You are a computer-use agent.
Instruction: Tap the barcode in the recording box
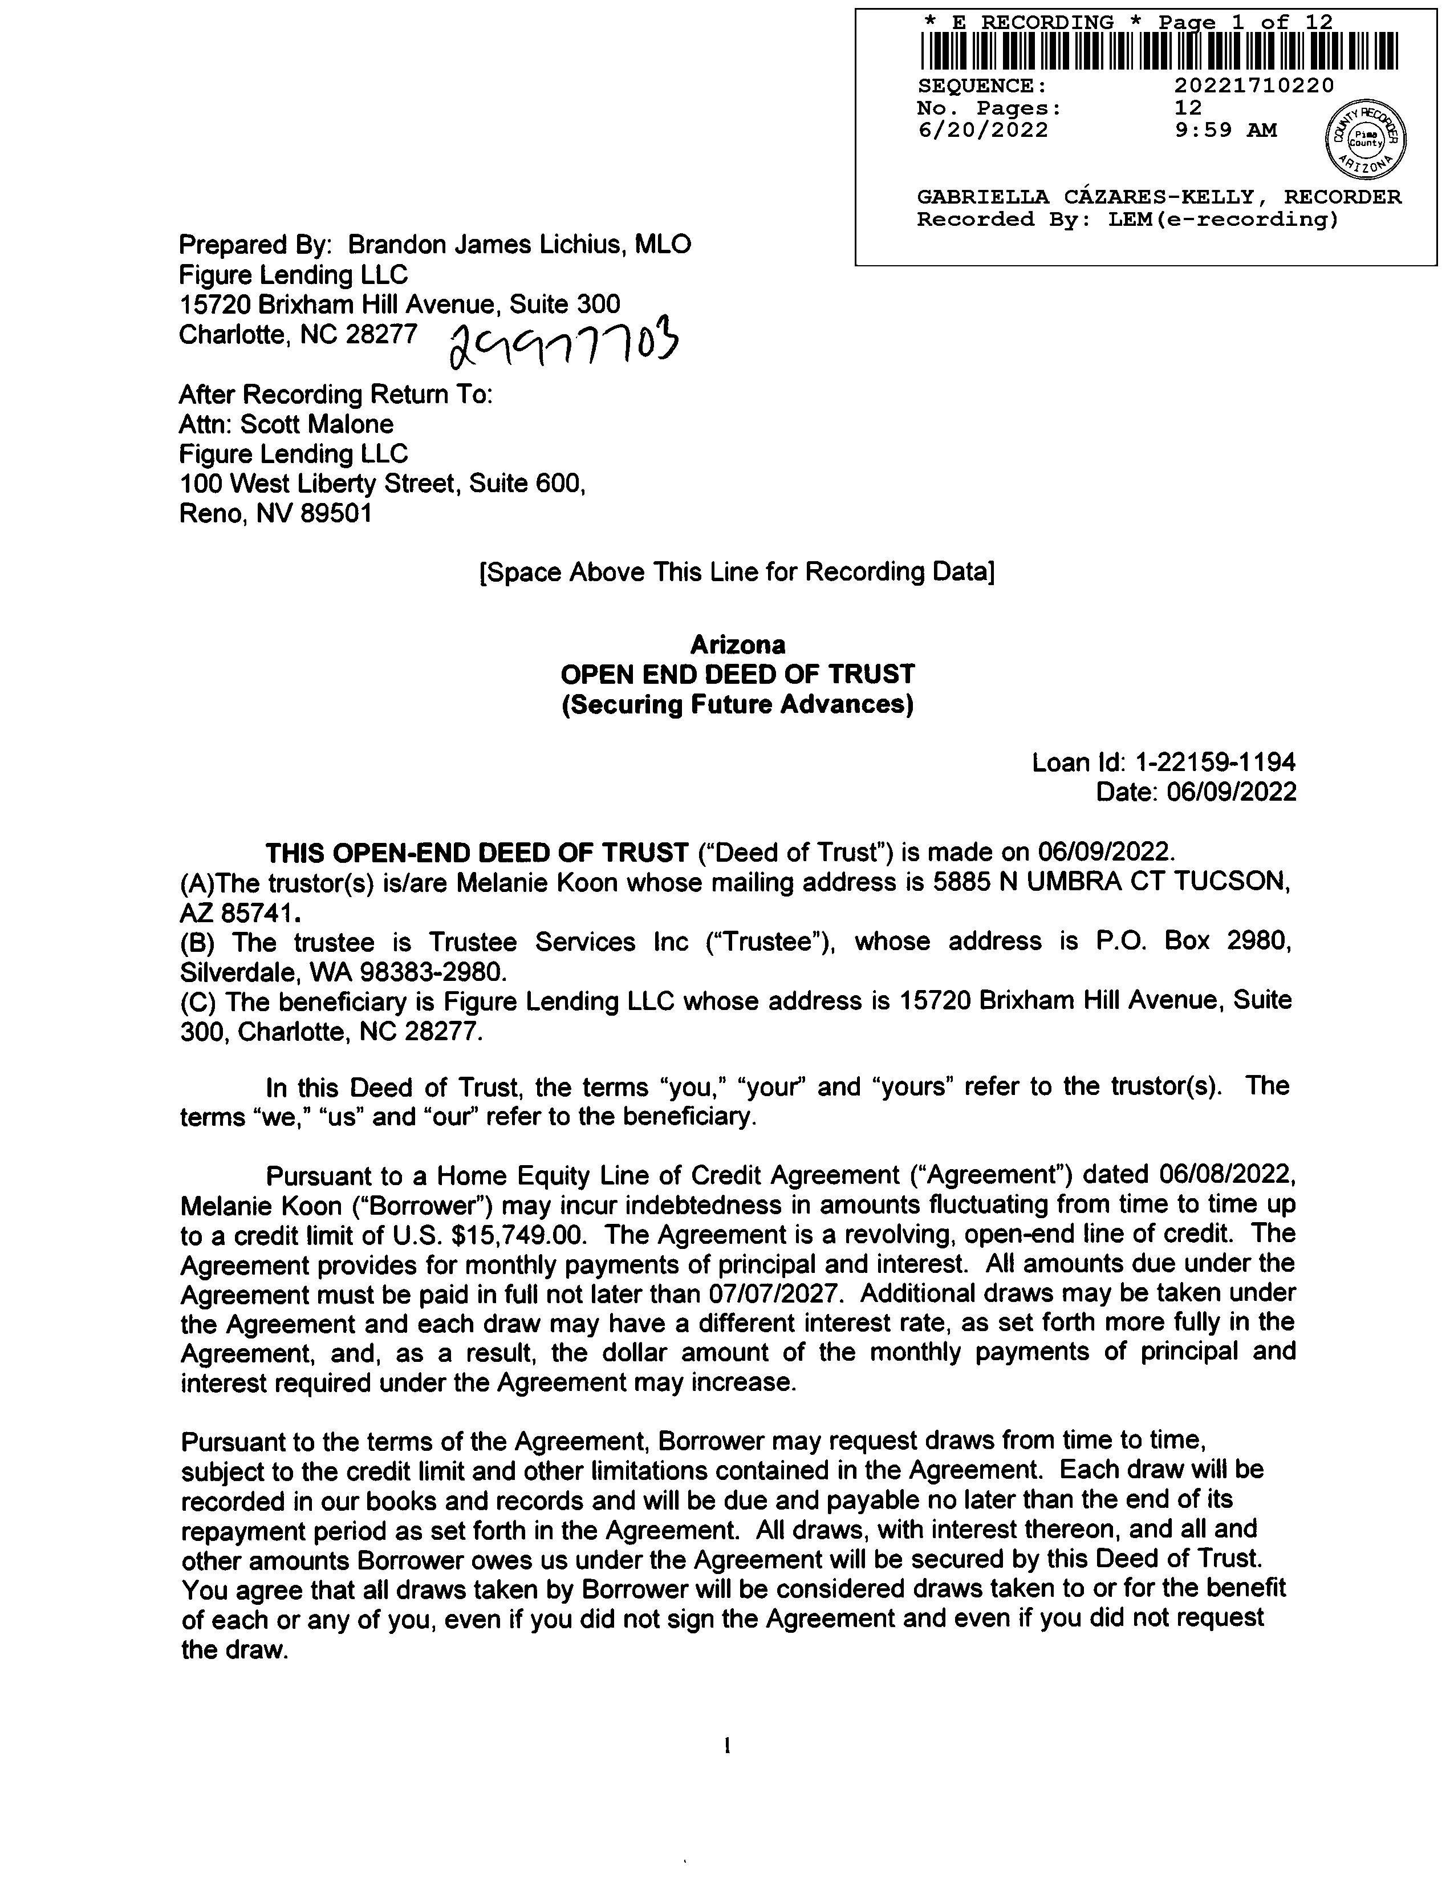click(x=1159, y=51)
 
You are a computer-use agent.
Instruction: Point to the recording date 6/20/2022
click(x=983, y=130)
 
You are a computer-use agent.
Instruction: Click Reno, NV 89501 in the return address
click(x=275, y=514)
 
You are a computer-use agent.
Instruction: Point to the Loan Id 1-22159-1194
click(x=1216, y=762)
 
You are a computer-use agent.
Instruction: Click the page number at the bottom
click(x=728, y=1747)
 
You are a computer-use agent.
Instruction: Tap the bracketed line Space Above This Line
click(x=737, y=572)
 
